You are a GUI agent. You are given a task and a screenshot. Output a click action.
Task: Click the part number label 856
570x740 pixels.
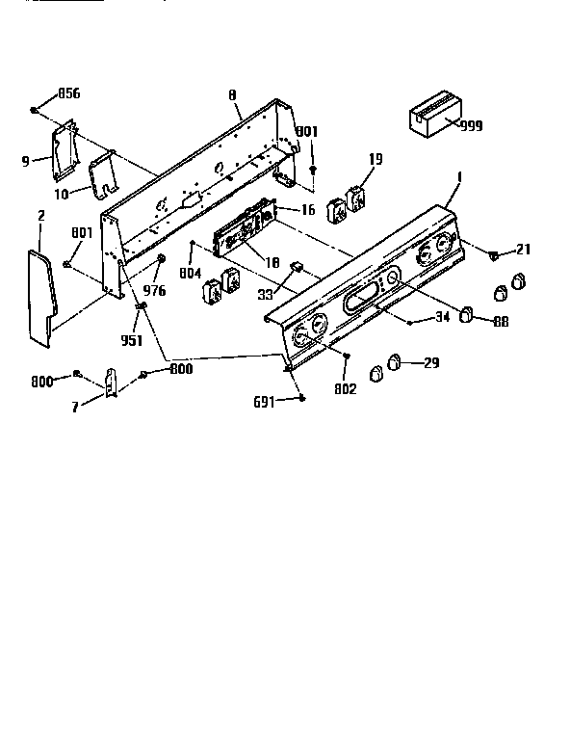tap(68, 93)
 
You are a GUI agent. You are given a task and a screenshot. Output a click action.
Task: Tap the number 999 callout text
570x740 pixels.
tap(472, 126)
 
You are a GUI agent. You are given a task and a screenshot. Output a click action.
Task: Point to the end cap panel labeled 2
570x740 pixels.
tap(40, 294)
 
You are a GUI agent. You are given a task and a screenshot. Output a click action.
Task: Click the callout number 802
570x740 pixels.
tap(345, 389)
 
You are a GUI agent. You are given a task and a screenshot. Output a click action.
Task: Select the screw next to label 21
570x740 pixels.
tap(492, 256)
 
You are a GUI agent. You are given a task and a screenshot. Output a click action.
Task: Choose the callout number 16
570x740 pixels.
tap(307, 208)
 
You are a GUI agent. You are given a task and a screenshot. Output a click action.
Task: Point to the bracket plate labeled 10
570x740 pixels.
tap(103, 176)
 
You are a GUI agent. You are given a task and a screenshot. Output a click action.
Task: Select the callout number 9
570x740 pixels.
tap(26, 162)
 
